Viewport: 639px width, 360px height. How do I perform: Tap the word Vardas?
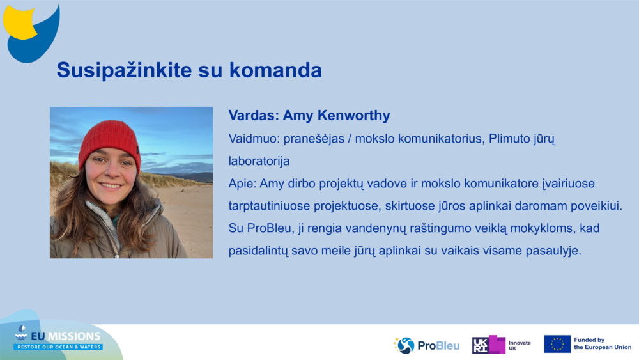pos(252,116)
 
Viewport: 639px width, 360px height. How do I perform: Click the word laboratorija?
pos(259,161)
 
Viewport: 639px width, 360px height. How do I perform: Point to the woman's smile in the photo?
pos(111,185)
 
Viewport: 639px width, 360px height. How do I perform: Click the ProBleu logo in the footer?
pos(426,345)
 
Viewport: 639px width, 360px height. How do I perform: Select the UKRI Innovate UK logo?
pos(501,345)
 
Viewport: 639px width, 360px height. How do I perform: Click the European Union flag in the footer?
pos(557,344)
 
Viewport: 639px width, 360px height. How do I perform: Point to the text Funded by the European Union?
pos(602,344)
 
